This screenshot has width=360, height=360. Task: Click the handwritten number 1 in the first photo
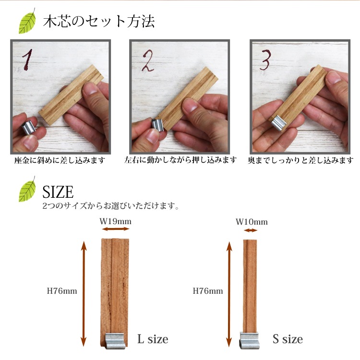pos(27,60)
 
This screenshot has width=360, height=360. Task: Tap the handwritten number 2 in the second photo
pos(148,60)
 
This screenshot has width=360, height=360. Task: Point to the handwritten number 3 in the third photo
pos(265,60)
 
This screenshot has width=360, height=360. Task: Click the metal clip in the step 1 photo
pos(29,127)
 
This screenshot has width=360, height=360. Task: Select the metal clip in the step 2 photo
pos(157,125)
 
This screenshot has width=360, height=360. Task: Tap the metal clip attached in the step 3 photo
pos(278,122)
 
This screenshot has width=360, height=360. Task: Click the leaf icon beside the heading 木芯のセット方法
pos(27,21)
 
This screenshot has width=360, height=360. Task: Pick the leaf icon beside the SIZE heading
pos(27,190)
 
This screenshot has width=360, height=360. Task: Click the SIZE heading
pos(58,192)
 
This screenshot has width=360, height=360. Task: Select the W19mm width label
pos(116,221)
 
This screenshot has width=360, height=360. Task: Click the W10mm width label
pos(252,222)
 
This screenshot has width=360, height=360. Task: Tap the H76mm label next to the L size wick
pos(62,291)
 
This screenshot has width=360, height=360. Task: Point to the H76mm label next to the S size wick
pos(208,291)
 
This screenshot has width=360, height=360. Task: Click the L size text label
pos(153,339)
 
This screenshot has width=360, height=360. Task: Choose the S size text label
pos(288,339)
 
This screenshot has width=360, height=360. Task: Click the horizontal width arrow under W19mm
pos(116,228)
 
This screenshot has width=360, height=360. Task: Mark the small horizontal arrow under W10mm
pos(251,230)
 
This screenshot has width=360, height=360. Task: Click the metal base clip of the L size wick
pos(115,341)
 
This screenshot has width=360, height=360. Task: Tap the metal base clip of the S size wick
pos(249,340)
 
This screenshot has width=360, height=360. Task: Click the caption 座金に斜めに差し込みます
pos(60,160)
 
